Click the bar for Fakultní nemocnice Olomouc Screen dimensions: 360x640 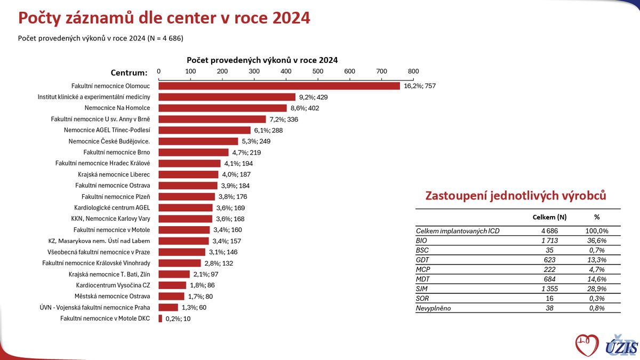click(x=279, y=86)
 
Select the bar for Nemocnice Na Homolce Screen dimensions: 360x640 click(x=222, y=108)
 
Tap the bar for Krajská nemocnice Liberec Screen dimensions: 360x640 click(x=188, y=174)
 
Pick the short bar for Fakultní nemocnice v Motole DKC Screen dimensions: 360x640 click(x=160, y=318)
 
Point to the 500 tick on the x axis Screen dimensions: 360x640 click(x=318, y=71)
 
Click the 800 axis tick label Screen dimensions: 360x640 click(x=413, y=71)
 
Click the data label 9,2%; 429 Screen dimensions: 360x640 click(x=314, y=97)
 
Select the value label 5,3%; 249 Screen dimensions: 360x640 click(x=257, y=141)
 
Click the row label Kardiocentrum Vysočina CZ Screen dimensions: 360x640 click(x=113, y=285)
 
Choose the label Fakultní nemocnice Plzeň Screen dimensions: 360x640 click(x=116, y=197)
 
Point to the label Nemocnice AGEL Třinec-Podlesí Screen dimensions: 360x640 click(x=107, y=130)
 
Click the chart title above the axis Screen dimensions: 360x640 click(x=262, y=60)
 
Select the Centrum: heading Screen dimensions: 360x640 click(x=129, y=73)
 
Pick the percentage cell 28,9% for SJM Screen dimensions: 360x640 click(x=596, y=289)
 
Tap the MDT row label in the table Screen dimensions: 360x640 click(x=423, y=279)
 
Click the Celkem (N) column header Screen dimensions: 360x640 click(x=549, y=218)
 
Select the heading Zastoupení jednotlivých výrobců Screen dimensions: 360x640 click(x=515, y=196)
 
